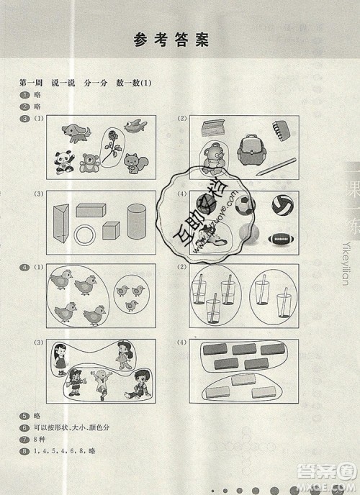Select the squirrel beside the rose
pos(132,162)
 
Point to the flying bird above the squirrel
pos(135,127)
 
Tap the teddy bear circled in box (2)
pos(211,159)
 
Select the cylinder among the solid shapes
pos(136,217)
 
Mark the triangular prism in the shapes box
pos(63,222)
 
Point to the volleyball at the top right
pos(282,204)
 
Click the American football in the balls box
pos(281,239)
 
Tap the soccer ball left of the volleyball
pos(246,204)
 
